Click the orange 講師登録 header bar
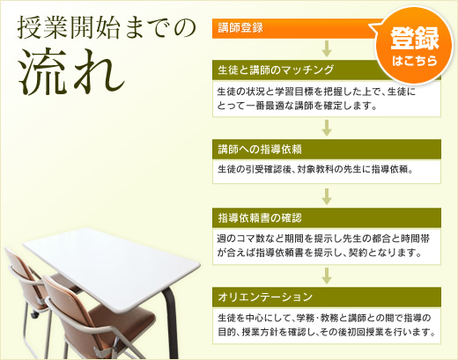291,27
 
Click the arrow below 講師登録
327,48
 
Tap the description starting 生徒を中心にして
326,324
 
